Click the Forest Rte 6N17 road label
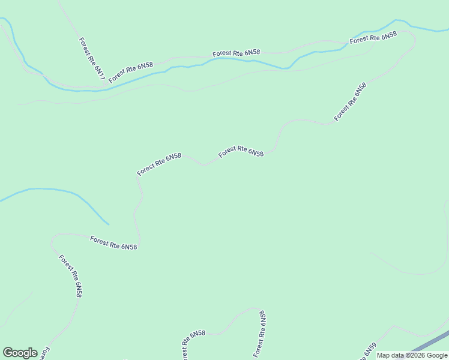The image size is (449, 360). pos(92,59)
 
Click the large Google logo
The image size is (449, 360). pos(20,353)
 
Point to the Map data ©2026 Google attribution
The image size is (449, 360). pos(411,355)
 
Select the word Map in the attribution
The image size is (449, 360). pos(384,355)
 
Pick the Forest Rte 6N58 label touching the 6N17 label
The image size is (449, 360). pos(131,72)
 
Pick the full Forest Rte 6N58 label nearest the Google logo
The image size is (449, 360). pos(70,276)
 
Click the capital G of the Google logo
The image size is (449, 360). pos(8,353)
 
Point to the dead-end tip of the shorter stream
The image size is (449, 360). pos(108,224)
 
